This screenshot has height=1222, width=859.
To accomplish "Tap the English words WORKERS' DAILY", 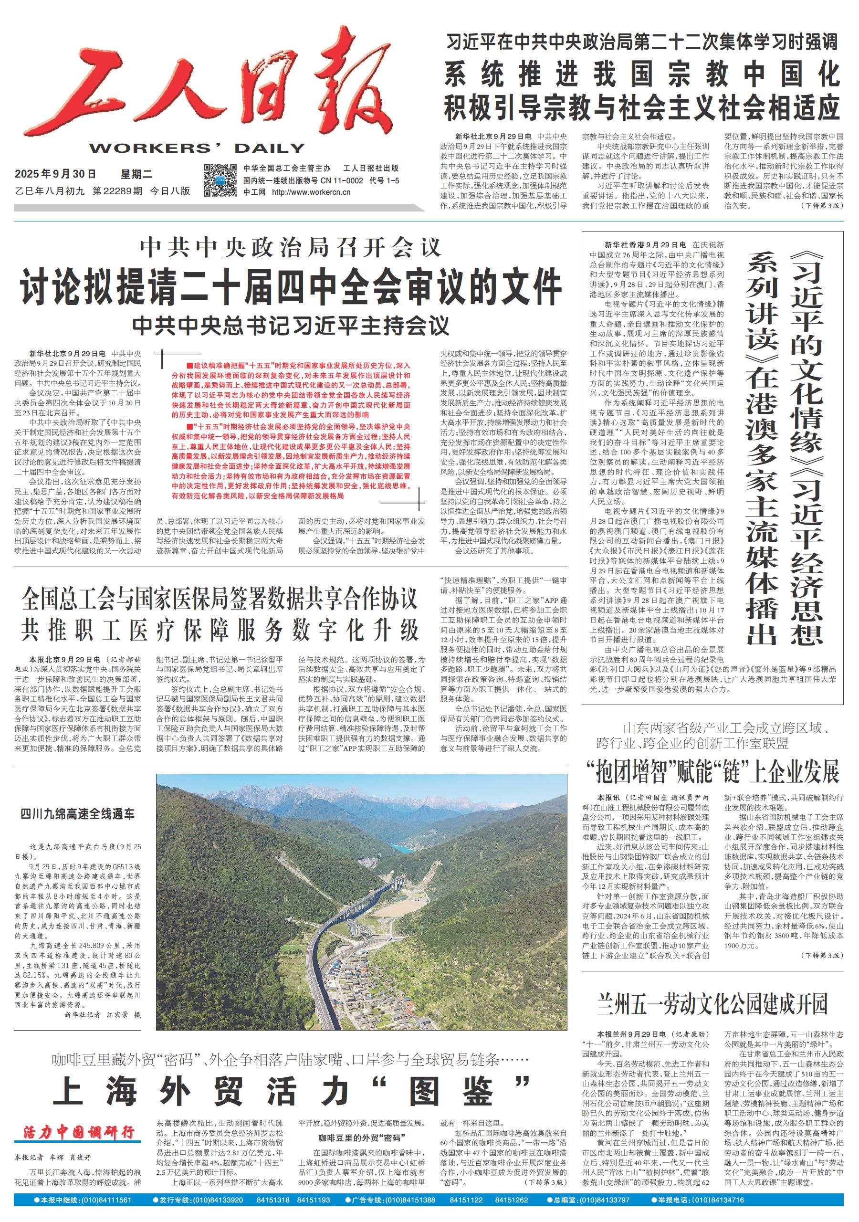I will [x=197, y=148].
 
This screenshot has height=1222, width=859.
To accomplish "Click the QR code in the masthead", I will [x=220, y=180].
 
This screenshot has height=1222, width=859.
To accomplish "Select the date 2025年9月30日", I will [x=55, y=174].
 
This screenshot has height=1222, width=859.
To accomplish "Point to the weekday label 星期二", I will [x=136, y=174].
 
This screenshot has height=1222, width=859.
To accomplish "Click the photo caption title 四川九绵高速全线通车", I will [x=78, y=814].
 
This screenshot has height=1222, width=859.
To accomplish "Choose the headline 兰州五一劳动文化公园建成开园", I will [x=712, y=1004].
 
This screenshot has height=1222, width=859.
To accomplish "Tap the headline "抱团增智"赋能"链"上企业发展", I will [x=712, y=771].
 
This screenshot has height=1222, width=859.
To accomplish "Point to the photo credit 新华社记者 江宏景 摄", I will [x=102, y=1014].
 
